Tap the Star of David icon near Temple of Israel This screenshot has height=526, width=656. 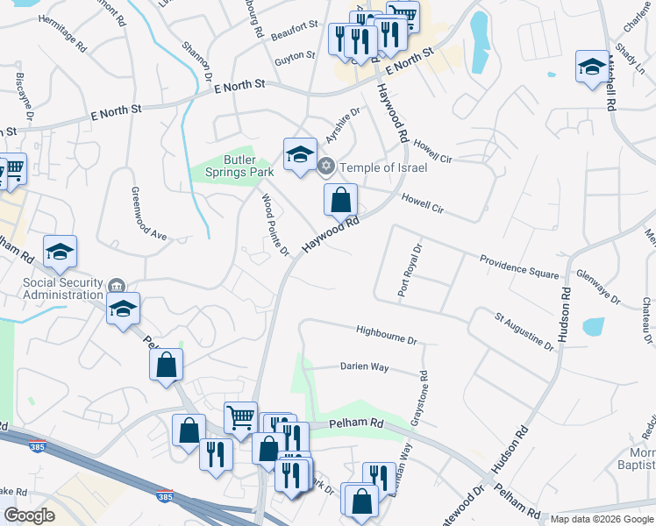click(x=326, y=166)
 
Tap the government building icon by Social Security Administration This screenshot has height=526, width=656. click(x=117, y=286)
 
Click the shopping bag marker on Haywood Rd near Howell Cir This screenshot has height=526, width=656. click(x=341, y=200)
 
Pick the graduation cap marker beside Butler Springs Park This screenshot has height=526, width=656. click(x=300, y=155)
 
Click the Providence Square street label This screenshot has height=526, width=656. click(x=519, y=267)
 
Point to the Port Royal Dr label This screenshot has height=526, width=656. click(x=410, y=270)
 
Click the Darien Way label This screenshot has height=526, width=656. click(x=365, y=367)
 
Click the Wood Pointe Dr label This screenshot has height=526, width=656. click(x=275, y=225)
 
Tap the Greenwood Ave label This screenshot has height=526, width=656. click(x=148, y=214)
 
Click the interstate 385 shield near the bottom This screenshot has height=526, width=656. click(x=165, y=497)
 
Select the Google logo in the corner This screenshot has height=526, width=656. click(x=29, y=515)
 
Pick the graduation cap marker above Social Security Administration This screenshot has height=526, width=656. click(x=60, y=252)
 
